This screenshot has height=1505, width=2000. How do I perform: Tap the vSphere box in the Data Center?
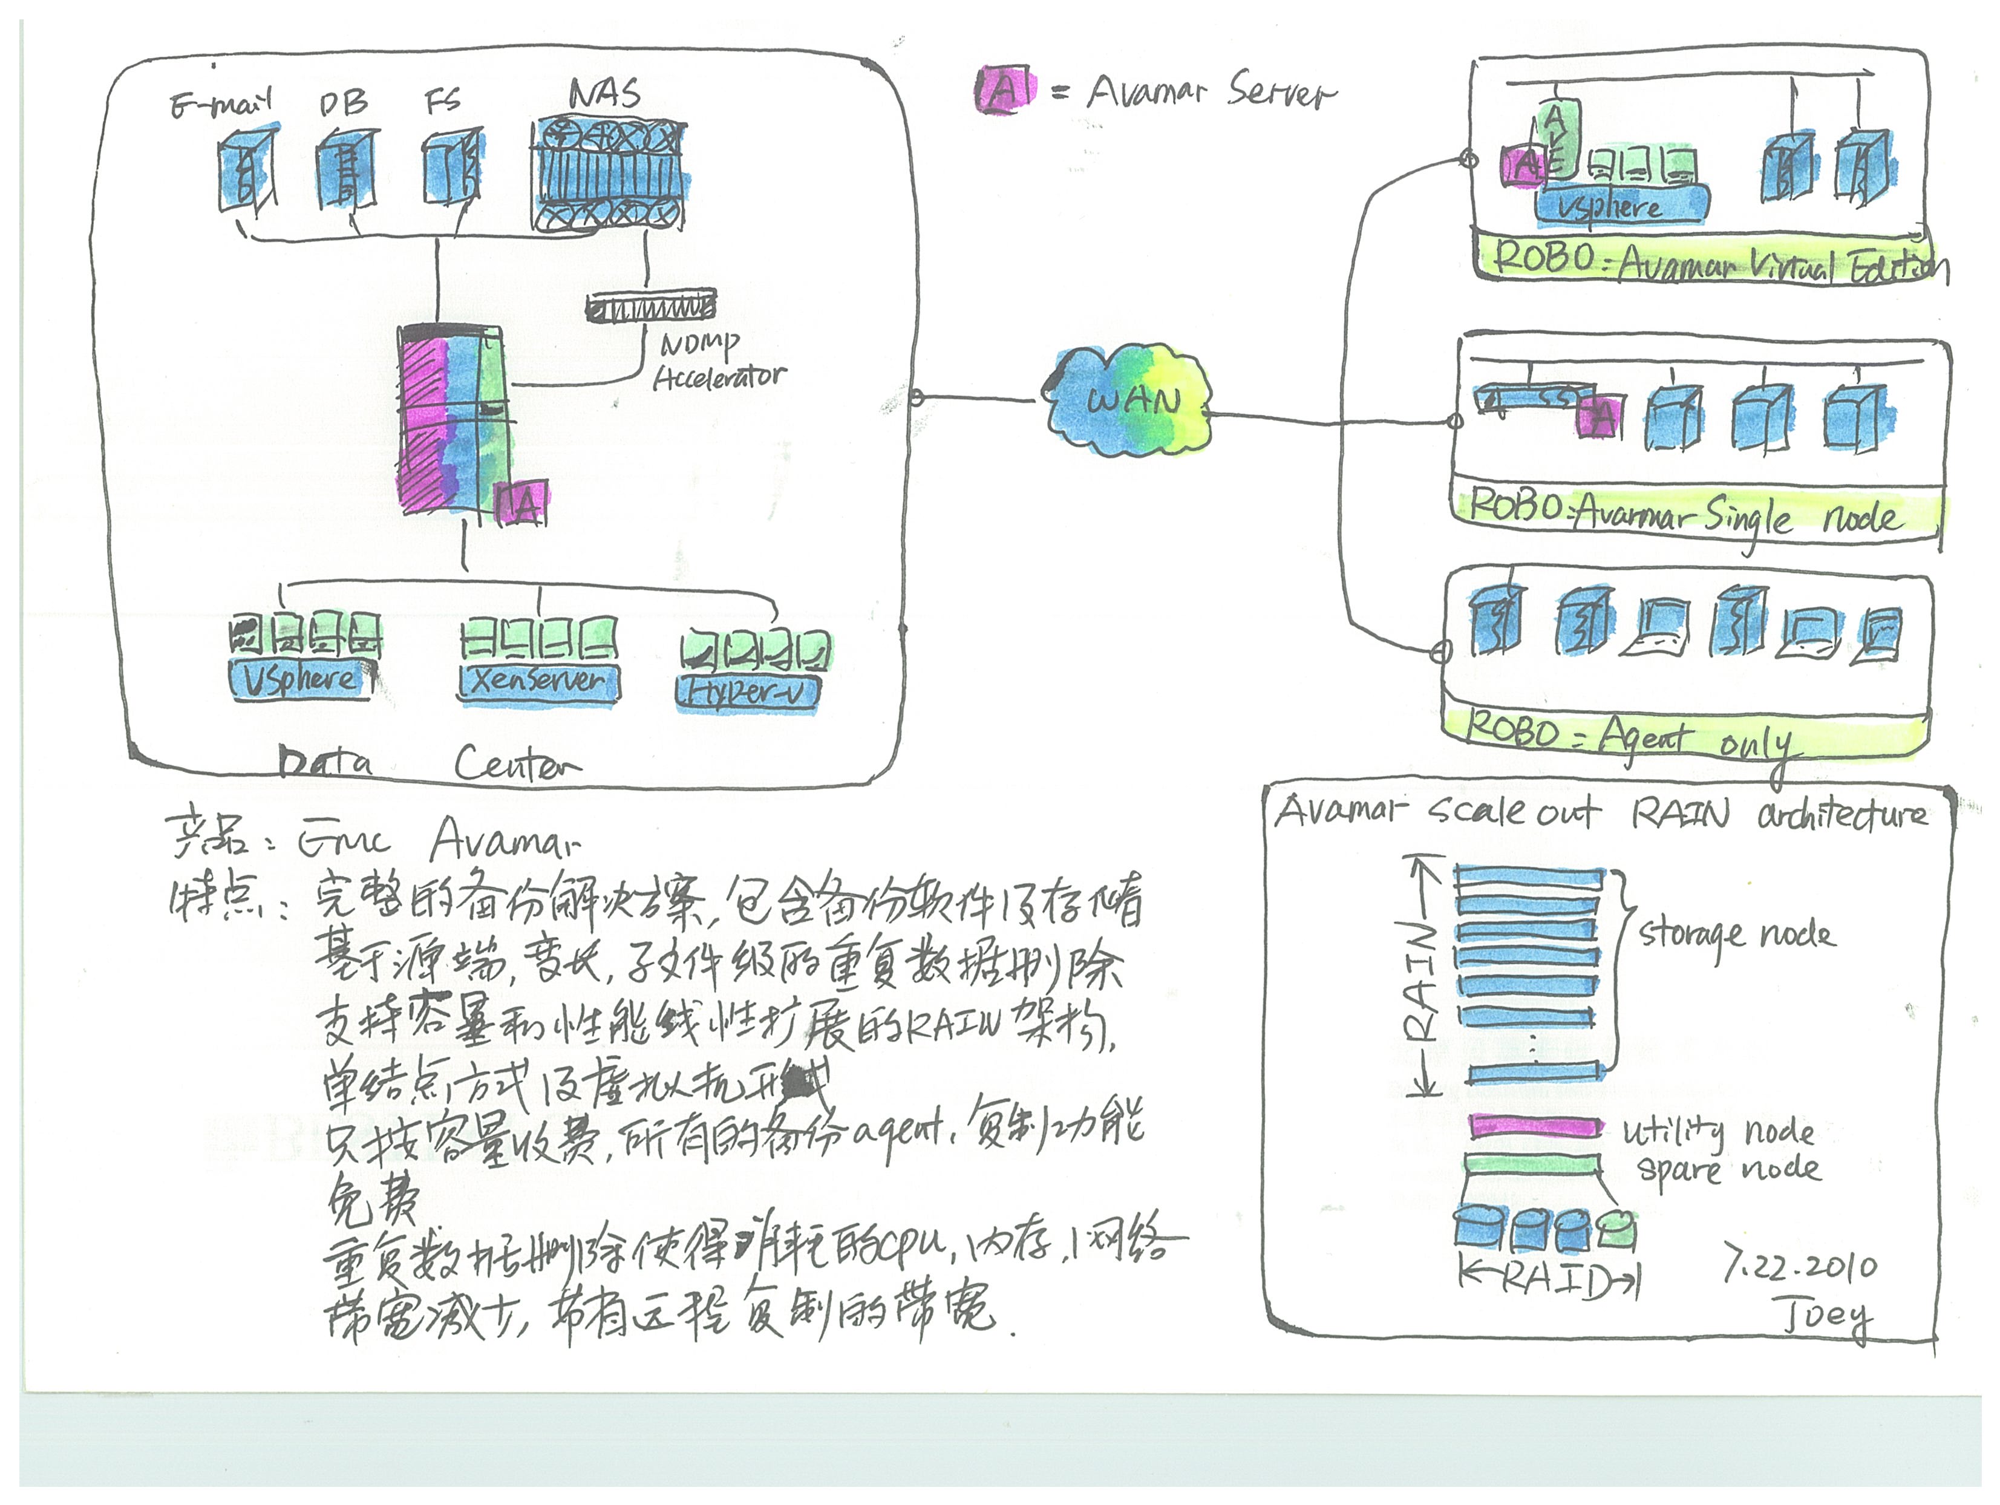click(301, 680)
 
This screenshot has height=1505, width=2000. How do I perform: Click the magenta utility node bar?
click(1534, 1127)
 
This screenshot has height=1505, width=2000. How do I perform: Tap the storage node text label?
click(1736, 934)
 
